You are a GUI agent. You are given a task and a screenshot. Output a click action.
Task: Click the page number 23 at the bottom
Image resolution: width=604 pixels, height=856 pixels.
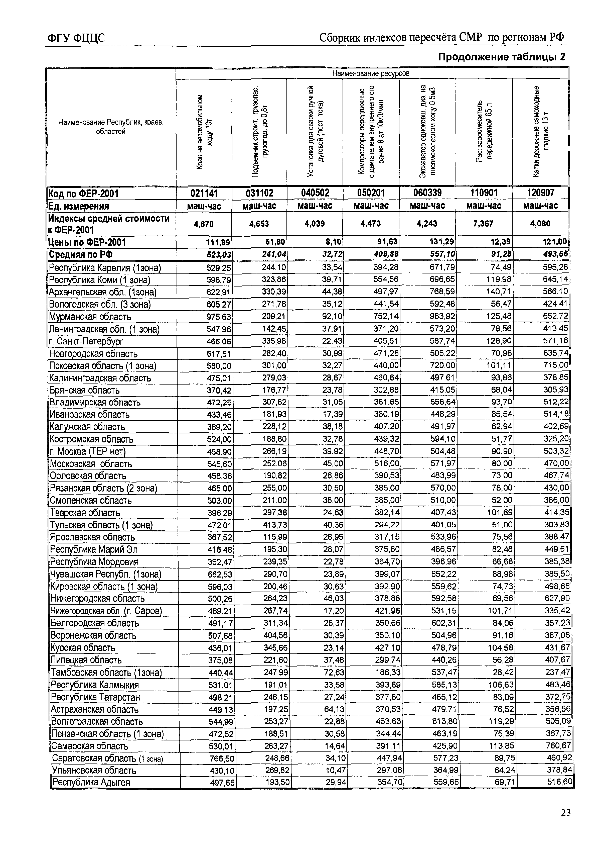565,812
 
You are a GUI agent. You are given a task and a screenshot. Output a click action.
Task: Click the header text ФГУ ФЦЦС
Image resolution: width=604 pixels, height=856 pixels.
76,38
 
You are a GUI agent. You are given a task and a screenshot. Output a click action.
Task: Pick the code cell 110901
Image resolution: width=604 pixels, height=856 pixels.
484,193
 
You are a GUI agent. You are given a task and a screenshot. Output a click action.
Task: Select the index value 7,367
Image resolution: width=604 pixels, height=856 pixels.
484,224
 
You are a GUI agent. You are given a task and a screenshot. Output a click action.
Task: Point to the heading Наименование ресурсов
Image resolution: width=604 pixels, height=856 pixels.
371,73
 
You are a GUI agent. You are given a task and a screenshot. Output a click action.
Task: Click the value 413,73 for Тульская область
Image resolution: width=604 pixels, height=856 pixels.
275,525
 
